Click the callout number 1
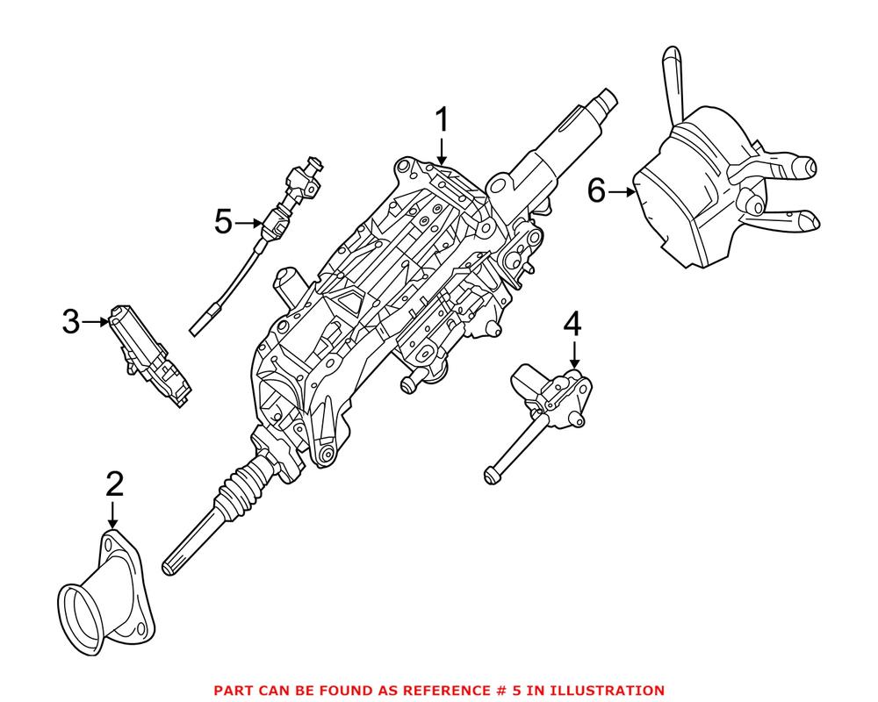tap(442, 119)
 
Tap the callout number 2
tap(114, 483)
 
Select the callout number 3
tap(71, 323)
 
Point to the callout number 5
tap(224, 222)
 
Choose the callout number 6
tap(597, 190)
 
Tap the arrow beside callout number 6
tap(622, 190)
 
